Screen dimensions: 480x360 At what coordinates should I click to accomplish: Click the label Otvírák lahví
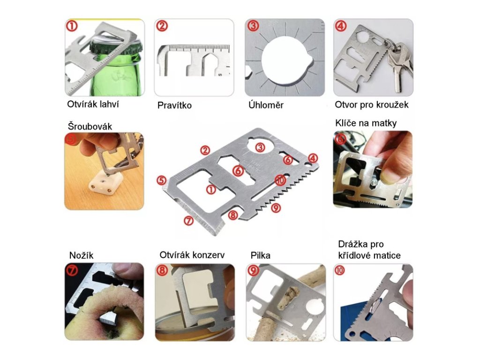coord(93,105)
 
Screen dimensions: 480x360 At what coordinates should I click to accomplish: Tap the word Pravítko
coord(174,105)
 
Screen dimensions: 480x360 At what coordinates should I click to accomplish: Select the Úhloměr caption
coord(266,105)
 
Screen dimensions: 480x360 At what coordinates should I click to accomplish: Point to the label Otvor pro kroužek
coord(372,105)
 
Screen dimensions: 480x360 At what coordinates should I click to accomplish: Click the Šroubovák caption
coord(90,126)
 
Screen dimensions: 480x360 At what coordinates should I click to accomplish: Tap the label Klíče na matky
coord(366,123)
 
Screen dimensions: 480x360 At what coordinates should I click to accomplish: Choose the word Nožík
coord(81,255)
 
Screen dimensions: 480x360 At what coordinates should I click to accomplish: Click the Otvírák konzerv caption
coord(192,255)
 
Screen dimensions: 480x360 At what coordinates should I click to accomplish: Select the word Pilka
coord(260,255)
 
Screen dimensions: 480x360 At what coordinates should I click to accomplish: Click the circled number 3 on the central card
coord(260,148)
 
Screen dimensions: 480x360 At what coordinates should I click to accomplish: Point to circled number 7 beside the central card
coord(188,220)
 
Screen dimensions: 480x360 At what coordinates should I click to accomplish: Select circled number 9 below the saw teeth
coord(276,208)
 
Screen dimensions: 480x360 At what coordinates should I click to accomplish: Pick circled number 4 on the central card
coord(313,158)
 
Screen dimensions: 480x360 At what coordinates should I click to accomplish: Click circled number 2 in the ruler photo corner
coord(162,26)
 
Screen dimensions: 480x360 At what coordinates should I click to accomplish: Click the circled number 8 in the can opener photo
coord(162,270)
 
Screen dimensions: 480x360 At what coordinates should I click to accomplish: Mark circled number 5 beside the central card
coord(162,180)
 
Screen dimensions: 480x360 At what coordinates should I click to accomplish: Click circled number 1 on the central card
coord(211,189)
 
